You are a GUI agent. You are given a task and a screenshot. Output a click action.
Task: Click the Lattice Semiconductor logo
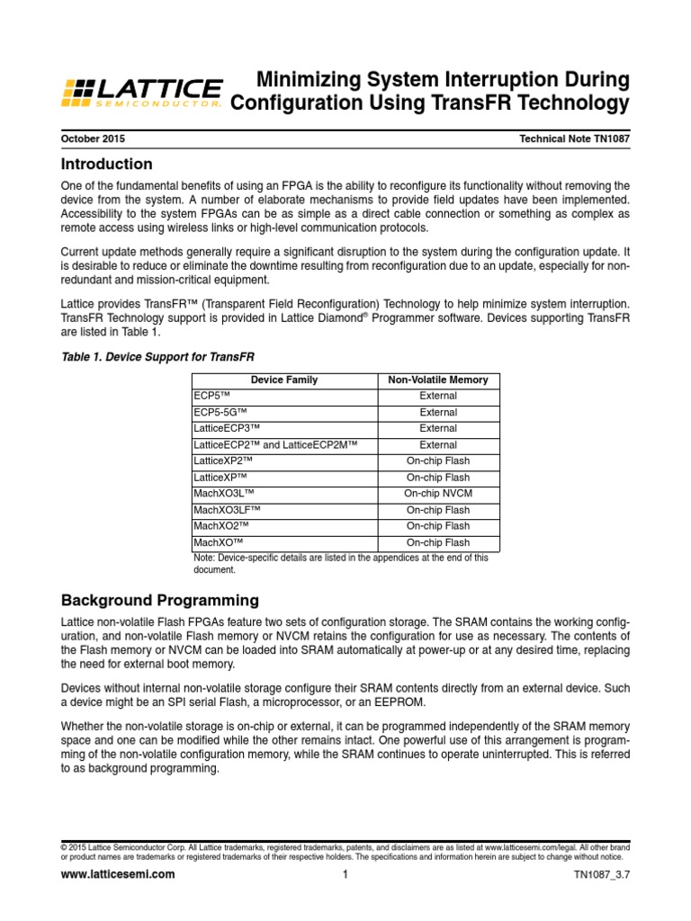[141, 92]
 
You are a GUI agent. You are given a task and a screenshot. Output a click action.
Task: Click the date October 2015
[93, 139]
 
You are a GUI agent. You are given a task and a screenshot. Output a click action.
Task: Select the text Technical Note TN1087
[574, 139]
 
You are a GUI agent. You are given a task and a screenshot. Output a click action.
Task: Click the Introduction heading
[106, 165]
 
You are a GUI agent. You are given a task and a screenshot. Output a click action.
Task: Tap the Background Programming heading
[159, 600]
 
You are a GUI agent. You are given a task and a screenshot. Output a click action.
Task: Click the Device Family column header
[283, 380]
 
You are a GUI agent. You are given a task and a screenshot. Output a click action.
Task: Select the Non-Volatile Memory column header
[438, 380]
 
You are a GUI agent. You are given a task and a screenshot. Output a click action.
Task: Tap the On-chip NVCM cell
[438, 494]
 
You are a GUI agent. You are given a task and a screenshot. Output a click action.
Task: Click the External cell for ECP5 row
[438, 396]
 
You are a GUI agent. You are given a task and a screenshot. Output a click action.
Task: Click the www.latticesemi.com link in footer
[117, 874]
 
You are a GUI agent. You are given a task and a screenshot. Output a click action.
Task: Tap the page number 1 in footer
[345, 874]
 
